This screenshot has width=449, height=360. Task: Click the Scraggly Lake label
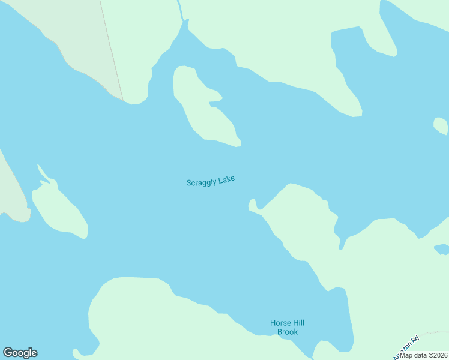point(210,181)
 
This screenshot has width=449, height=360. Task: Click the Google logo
point(20,353)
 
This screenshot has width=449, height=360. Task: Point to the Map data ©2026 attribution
point(424,355)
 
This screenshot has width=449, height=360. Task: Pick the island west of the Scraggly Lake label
point(60,210)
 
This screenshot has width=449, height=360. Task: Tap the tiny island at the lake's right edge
point(440,125)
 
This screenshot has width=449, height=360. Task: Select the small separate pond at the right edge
point(441,248)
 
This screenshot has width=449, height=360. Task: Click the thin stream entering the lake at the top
point(179,9)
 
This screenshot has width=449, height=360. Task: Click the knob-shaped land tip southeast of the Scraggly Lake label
point(253,205)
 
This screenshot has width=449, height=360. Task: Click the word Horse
point(280,323)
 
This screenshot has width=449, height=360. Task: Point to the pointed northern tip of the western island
point(39,166)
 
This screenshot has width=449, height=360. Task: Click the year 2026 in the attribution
point(439,355)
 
